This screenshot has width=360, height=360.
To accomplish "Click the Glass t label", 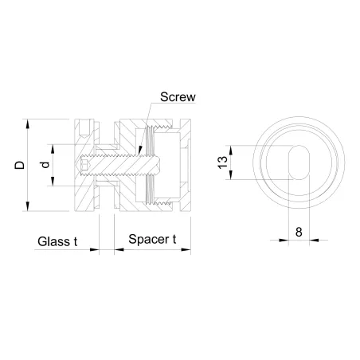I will (x=57, y=241).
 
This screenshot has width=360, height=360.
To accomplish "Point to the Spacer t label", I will (x=152, y=241).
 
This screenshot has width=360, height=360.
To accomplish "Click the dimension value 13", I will (x=223, y=163).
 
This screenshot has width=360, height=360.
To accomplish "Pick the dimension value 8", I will (x=298, y=232).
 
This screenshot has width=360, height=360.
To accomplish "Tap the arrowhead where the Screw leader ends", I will (x=136, y=152).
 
